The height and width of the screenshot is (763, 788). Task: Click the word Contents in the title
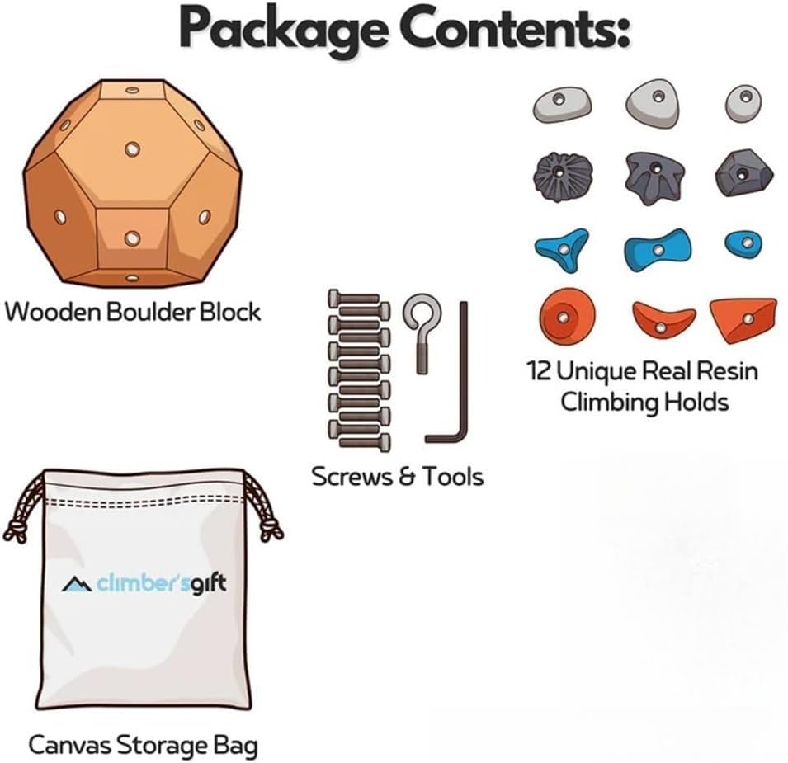coord(510,26)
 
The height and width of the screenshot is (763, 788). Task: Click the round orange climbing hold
coord(567,317)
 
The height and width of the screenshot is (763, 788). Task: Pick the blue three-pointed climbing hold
coord(563,249)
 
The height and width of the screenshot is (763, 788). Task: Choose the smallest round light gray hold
coord(743,103)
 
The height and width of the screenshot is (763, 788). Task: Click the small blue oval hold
coord(743,244)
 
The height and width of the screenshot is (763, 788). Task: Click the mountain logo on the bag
coord(77,584)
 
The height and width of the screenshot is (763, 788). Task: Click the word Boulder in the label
coord(151,312)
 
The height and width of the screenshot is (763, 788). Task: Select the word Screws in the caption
coord(351,477)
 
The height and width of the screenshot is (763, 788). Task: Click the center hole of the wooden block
coord(133,148)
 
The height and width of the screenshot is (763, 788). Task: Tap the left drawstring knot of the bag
coord(16,531)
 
